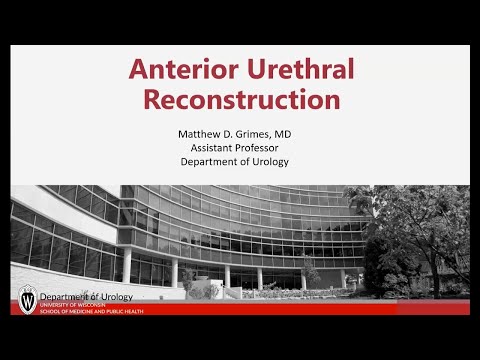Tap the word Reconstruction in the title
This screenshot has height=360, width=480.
(241, 100)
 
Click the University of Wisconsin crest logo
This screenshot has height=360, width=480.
(27, 298)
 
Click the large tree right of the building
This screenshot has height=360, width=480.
(420, 235)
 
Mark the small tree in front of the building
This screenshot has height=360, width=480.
(310, 272)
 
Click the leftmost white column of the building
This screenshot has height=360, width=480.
(127, 265)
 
